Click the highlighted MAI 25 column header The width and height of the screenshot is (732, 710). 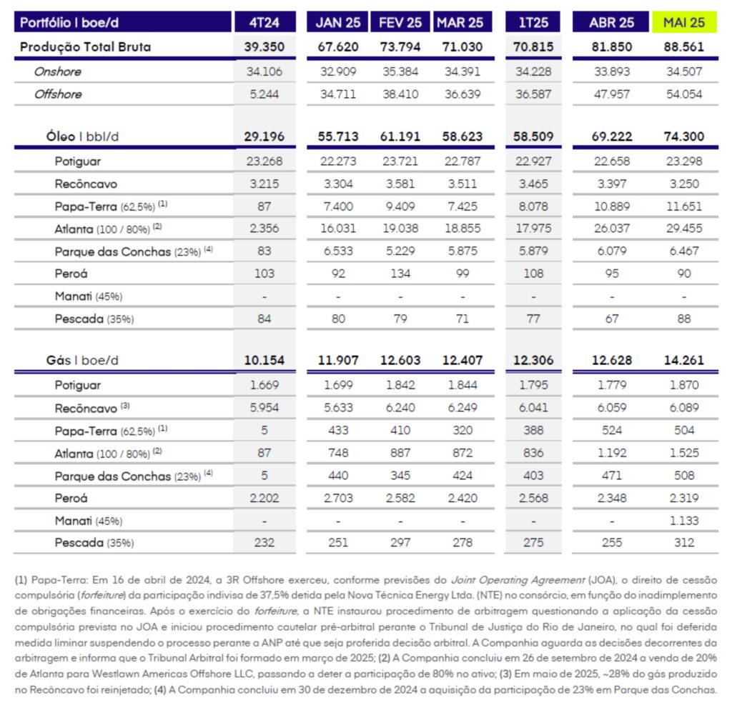tap(684, 22)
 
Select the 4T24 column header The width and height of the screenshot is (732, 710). tap(264, 22)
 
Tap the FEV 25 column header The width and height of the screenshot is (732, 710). tap(400, 22)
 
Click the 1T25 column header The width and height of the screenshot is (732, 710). tap(533, 22)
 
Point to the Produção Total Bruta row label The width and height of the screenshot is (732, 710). tap(86, 47)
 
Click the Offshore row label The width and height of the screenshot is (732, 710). tap(58, 94)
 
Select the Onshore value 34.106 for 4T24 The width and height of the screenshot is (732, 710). tap(264, 72)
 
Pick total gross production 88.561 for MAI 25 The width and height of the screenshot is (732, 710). tap(684, 47)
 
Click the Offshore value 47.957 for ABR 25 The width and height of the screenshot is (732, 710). tap(612, 94)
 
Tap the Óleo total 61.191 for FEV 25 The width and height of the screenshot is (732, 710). tap(400, 136)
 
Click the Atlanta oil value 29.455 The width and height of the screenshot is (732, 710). tap(684, 229)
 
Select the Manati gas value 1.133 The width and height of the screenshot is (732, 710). tap(684, 521)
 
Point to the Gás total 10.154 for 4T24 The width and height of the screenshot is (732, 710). tap(264, 361)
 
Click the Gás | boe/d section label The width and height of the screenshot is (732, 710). tap(82, 361)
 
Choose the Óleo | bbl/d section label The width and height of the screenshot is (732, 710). tap(82, 136)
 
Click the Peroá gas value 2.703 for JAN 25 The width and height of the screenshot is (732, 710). tap(338, 498)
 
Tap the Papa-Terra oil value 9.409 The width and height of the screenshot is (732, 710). tap(400, 206)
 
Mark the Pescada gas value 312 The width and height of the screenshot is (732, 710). tap(684, 543)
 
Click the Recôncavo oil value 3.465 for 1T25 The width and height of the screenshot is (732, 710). tap(533, 184)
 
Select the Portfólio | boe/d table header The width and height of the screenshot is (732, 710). tap(69, 22)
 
